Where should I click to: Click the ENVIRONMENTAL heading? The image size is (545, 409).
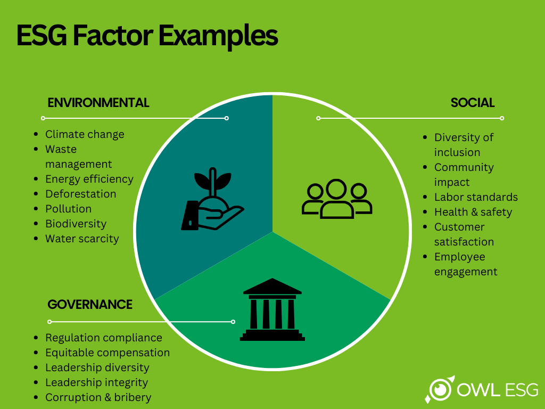click(98, 103)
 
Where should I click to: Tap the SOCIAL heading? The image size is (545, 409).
click(473, 103)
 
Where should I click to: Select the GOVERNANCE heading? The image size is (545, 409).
click(90, 304)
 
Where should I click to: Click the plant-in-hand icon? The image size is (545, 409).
click(212, 199)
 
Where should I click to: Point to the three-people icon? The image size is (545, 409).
click(337, 199)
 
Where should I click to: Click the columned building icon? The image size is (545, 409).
click(272, 309)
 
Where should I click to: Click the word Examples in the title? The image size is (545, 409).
click(218, 36)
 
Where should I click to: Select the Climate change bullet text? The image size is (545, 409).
click(85, 134)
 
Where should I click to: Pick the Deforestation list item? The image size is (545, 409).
click(81, 194)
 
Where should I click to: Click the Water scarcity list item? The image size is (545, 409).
click(82, 239)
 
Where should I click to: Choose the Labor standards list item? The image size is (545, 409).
click(476, 197)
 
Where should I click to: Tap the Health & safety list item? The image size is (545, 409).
click(473, 212)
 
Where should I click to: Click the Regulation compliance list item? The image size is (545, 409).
click(104, 338)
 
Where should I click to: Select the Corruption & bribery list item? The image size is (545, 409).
click(98, 397)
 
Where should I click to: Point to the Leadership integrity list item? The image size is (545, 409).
click(97, 382)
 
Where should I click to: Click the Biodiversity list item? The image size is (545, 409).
click(76, 224)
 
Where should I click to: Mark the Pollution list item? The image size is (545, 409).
click(68, 209)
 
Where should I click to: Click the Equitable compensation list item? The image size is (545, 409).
click(108, 353)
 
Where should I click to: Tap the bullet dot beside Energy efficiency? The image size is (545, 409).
click(36, 179)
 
